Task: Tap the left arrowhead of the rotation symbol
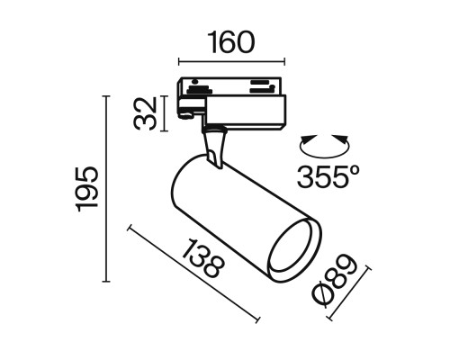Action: point(303,141)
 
